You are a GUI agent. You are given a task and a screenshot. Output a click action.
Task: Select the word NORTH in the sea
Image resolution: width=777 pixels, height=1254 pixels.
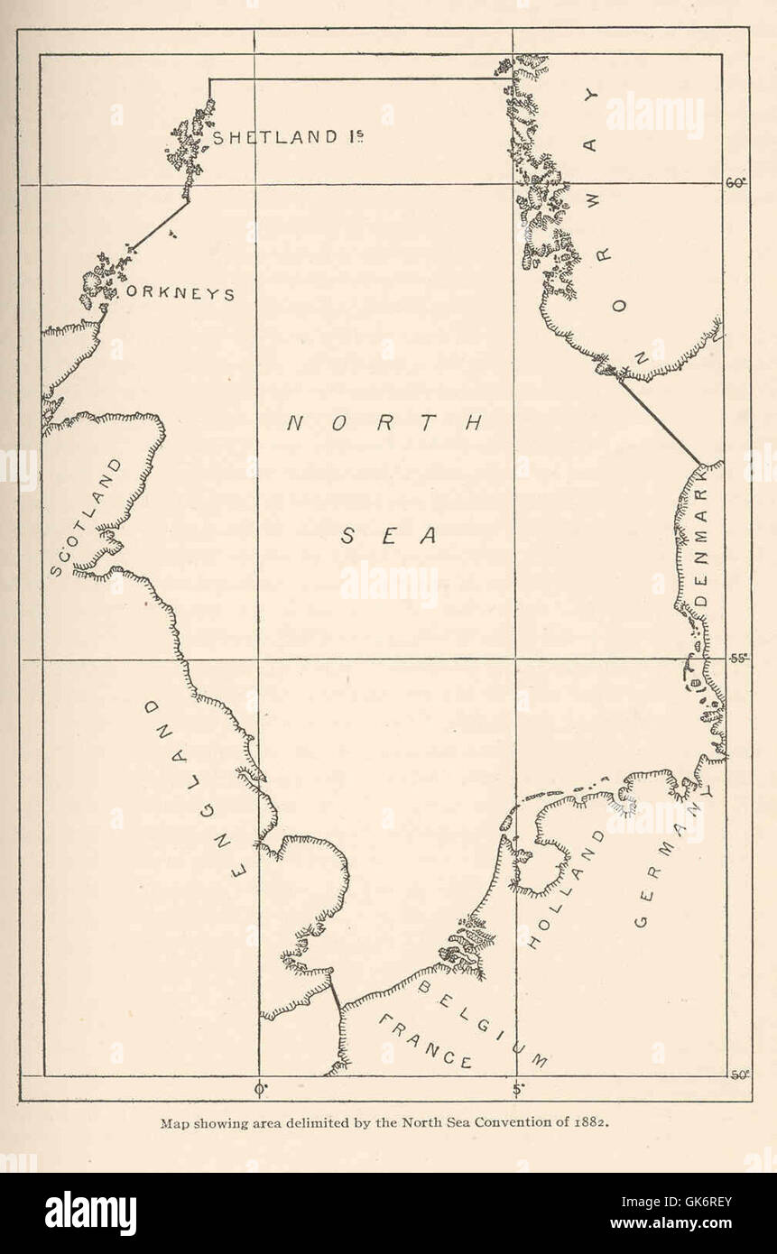(x=385, y=423)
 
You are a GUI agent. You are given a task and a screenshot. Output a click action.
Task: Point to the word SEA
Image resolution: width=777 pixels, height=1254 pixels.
(x=390, y=536)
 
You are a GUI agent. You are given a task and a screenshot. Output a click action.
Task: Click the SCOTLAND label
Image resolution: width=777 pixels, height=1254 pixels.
(x=86, y=518)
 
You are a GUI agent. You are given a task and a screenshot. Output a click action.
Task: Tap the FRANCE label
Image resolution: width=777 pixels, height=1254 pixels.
(x=424, y=1042)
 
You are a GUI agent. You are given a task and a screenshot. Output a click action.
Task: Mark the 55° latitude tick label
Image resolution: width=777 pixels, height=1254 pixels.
(x=738, y=658)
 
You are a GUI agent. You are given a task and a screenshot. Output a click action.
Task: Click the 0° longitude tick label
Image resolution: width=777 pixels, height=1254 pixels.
(x=261, y=1089)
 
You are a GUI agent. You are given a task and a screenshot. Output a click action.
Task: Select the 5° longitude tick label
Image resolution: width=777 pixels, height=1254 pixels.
(x=516, y=1089)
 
